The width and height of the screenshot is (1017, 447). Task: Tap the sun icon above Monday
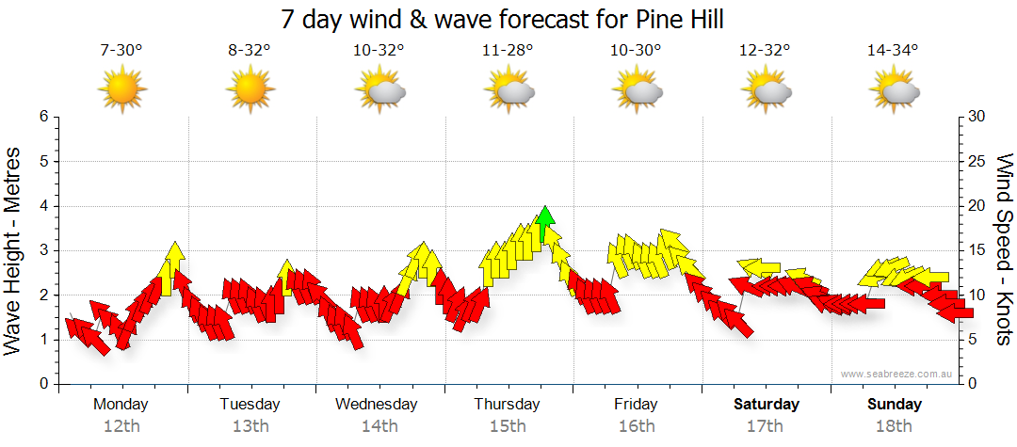click(x=121, y=90)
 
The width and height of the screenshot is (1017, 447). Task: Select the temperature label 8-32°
click(x=250, y=51)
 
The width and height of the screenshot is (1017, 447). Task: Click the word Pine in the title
click(x=630, y=20)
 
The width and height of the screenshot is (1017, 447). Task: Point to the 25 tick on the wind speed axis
click(x=977, y=161)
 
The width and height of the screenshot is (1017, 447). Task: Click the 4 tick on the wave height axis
click(x=42, y=206)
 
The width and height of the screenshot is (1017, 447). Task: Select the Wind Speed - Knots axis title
click(x=1004, y=250)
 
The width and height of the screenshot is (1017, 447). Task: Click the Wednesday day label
click(x=377, y=405)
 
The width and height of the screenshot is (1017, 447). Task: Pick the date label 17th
click(x=766, y=426)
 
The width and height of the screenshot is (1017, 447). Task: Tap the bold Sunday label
click(x=895, y=405)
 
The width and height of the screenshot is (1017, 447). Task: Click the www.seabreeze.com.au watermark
click(x=897, y=374)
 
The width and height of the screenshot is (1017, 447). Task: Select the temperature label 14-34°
click(x=893, y=51)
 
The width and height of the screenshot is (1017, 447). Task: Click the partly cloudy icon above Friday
click(x=637, y=90)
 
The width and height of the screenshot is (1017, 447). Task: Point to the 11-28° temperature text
click(x=508, y=51)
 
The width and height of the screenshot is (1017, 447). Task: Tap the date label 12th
click(x=121, y=426)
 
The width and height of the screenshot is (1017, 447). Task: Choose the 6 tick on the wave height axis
click(x=42, y=117)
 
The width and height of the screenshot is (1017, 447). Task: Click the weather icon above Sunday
click(x=894, y=90)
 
